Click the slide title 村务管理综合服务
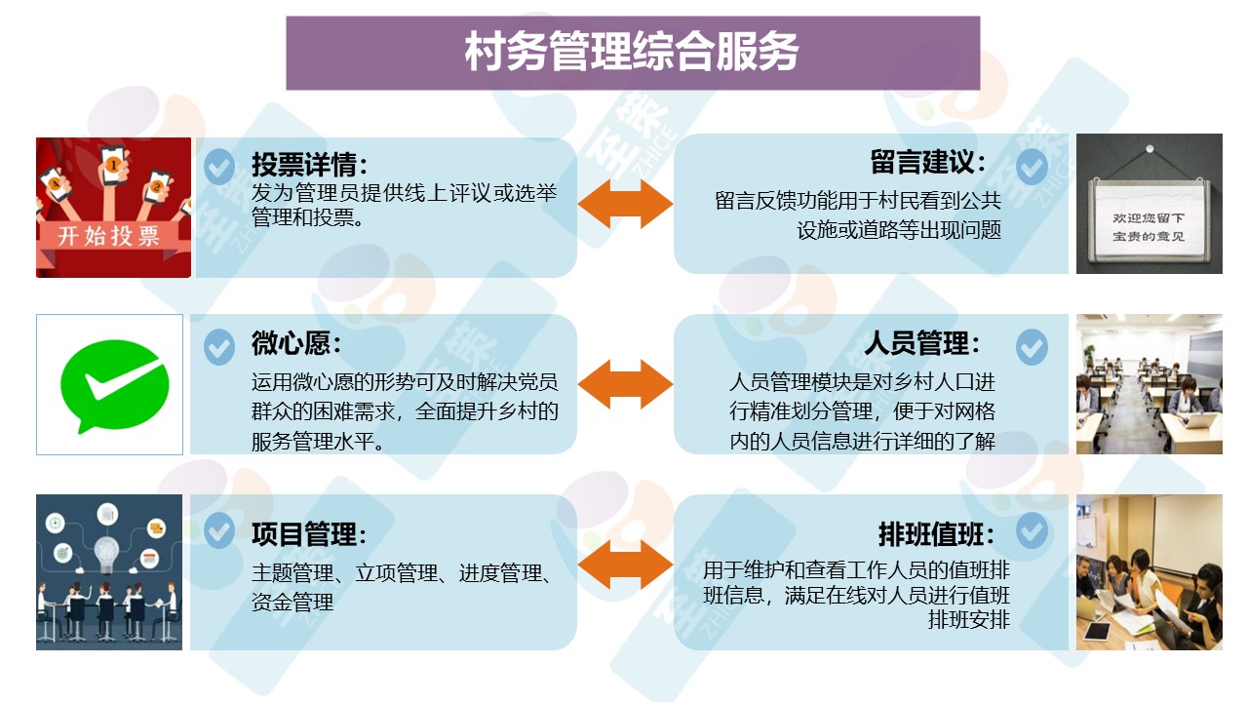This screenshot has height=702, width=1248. pos(632,53)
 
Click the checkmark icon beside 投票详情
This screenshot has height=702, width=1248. pos(219,166)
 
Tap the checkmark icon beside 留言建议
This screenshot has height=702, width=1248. pos(1032,166)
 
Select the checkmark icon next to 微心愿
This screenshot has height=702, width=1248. pos(219,346)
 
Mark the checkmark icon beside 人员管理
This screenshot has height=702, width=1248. pos(1032,346)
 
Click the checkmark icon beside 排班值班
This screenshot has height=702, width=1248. pos(1032,531)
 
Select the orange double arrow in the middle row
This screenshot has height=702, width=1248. pos(625,383)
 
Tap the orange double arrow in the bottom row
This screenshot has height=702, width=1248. pos(625,565)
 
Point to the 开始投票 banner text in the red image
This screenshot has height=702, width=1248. pos(109,236)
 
